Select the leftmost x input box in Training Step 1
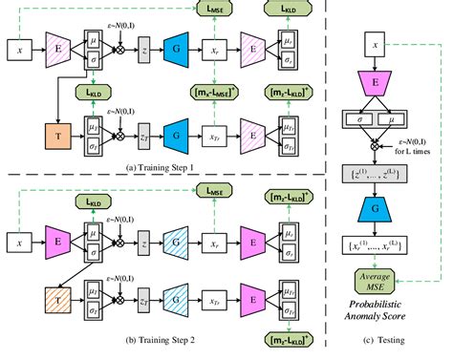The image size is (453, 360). pyautogui.click(x=17, y=46)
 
